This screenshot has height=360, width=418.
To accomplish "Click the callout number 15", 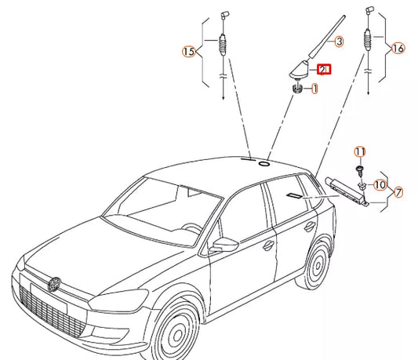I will click(x=188, y=52).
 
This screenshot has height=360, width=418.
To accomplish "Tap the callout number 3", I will click(x=340, y=41).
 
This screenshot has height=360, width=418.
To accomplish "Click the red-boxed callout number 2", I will click(x=323, y=70).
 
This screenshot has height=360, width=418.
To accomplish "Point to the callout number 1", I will click(x=314, y=90).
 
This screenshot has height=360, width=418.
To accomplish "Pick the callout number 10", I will click(x=380, y=185).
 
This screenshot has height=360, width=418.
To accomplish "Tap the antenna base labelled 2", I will click(x=299, y=73).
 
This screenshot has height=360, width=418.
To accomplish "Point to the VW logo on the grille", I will click(x=54, y=283).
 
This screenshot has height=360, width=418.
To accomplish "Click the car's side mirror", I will click(x=226, y=244).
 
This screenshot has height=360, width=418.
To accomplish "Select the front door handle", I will click(x=269, y=245).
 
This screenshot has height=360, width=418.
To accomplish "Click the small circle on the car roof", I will click(x=264, y=165).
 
